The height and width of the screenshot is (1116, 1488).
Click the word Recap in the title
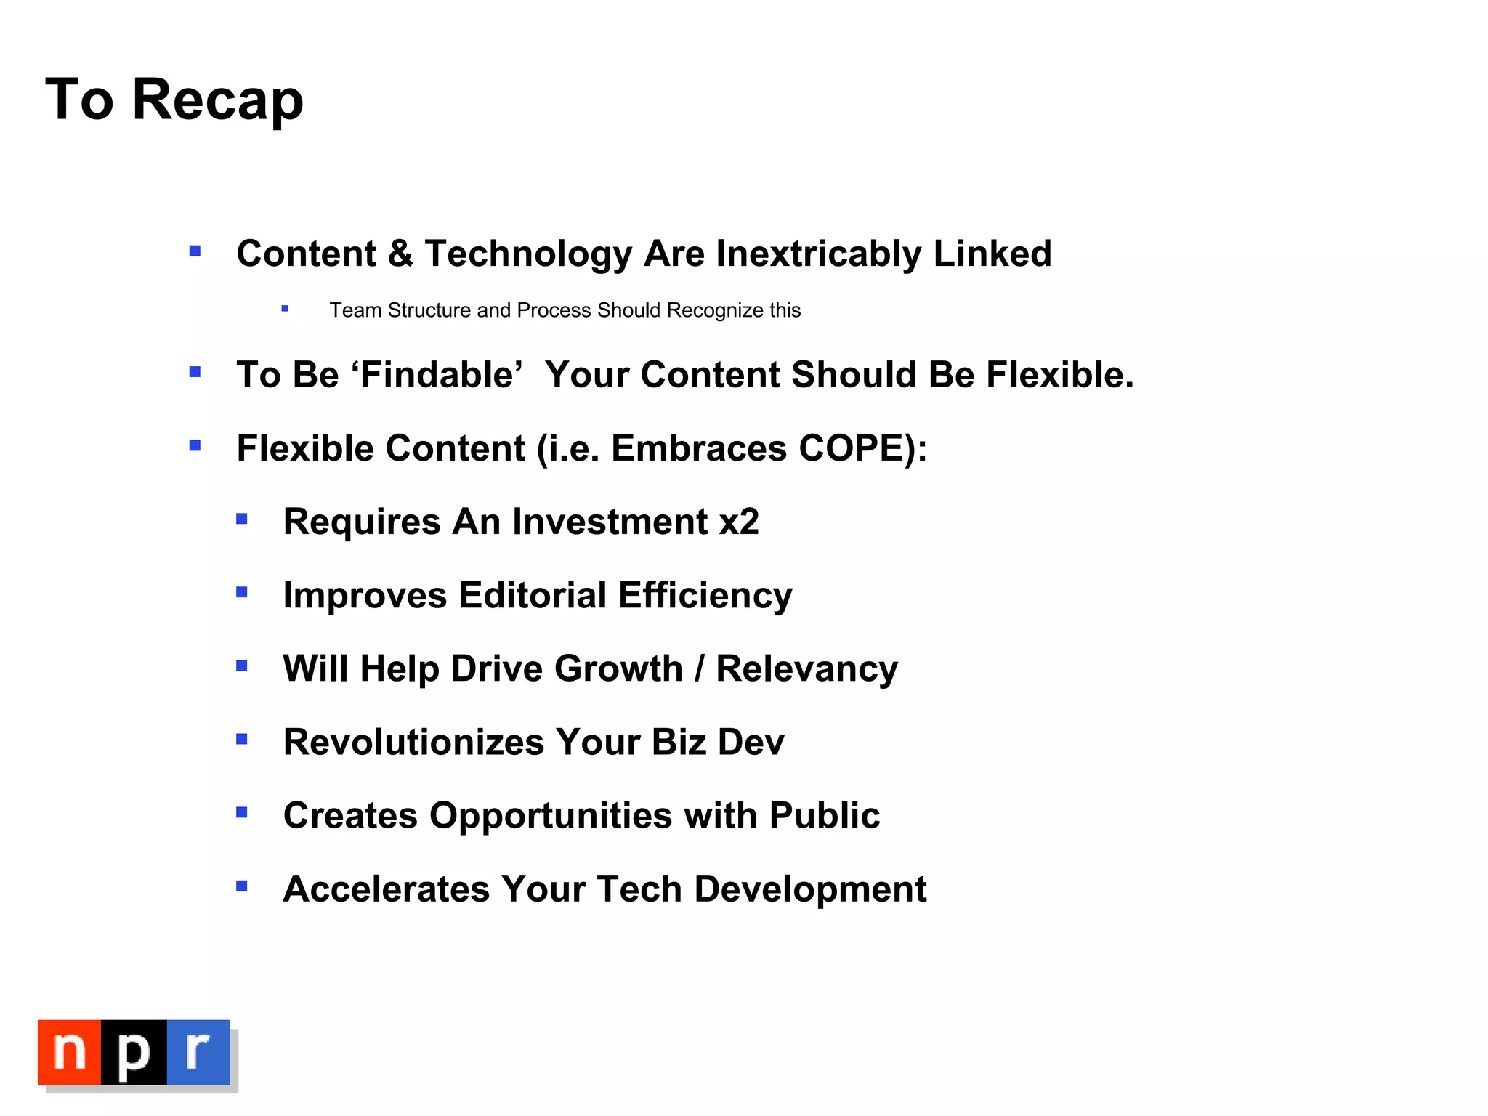coord(217,100)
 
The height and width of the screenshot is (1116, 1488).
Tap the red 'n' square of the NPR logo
coord(69,1051)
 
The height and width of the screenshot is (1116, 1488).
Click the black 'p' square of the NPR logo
coord(134,1051)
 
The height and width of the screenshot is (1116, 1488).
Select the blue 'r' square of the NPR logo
coord(198,1051)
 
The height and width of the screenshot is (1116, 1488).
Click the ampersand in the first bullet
coord(400,254)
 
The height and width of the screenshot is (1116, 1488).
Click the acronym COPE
coord(850,448)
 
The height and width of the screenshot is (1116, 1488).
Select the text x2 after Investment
coord(739,522)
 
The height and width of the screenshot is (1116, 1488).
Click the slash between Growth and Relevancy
coord(699,668)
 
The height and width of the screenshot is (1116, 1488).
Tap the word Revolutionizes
coord(413,742)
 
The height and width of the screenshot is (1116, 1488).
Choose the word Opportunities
coord(550,815)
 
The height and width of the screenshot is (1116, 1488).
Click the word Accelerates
coord(386,889)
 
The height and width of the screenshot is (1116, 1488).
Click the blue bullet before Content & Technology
coord(195,251)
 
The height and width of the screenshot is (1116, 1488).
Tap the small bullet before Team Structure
coord(285,309)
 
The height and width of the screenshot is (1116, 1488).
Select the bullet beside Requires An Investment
coord(242,519)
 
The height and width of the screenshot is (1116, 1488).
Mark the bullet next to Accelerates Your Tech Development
coord(242,886)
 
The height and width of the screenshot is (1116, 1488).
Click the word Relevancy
coord(806,668)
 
